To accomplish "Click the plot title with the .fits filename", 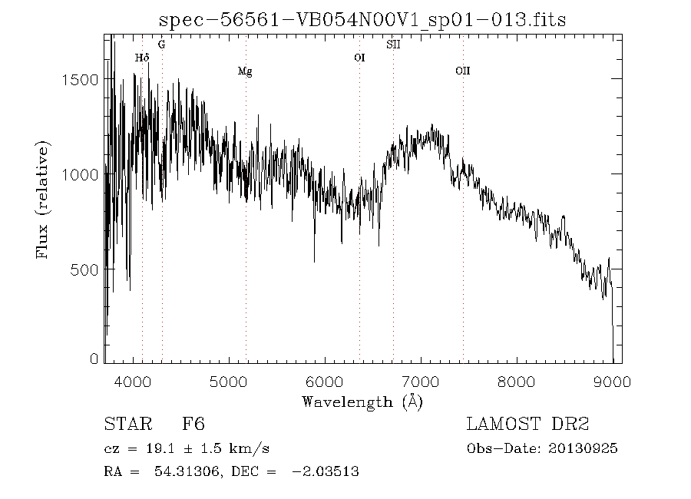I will pyautogui.click(x=362, y=20).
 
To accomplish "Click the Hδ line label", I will pyautogui.click(x=141, y=58).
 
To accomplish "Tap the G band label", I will pyautogui.click(x=161, y=45).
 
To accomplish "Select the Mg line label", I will pyautogui.click(x=245, y=71).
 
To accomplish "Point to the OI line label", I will pyautogui.click(x=359, y=58).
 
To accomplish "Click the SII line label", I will pyautogui.click(x=393, y=45).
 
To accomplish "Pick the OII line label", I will pyautogui.click(x=462, y=71).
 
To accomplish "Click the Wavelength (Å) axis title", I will pyautogui.click(x=362, y=402).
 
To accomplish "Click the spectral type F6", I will pyautogui.click(x=193, y=424).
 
